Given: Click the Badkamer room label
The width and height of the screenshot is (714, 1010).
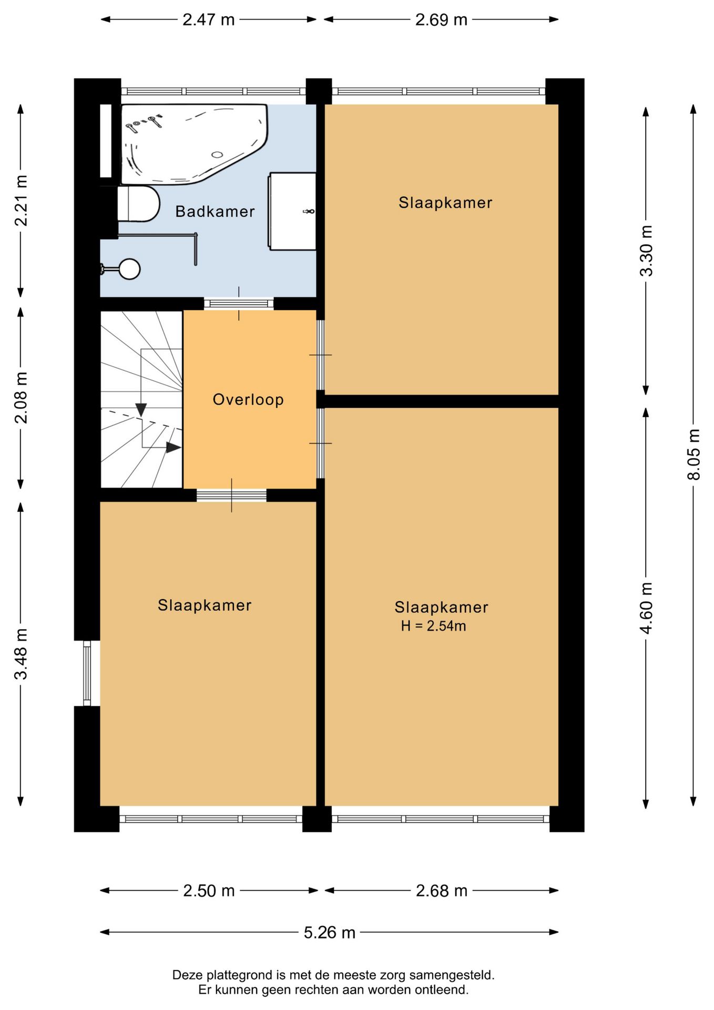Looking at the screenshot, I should (215, 211).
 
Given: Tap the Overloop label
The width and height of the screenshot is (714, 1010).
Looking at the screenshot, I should (248, 400).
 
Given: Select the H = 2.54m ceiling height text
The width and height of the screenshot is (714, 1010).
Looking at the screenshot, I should (433, 626).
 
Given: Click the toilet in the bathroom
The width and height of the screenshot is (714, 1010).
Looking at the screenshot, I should (138, 204).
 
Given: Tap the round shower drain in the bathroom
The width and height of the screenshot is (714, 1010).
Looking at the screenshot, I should (129, 269).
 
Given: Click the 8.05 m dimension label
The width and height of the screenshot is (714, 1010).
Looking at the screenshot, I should (693, 454).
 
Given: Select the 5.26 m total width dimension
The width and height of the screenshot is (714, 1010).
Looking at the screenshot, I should (330, 933).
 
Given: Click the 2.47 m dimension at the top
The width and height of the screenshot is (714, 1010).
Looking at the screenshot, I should (208, 19).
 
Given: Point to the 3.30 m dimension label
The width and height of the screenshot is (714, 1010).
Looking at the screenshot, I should (646, 250).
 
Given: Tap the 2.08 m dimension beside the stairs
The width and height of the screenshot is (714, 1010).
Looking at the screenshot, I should (21, 398).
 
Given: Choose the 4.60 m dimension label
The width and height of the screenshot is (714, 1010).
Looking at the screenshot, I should (646, 608).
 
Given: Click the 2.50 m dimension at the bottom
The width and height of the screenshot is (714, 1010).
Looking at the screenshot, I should (209, 891).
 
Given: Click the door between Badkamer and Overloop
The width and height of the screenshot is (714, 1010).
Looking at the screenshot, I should (239, 304).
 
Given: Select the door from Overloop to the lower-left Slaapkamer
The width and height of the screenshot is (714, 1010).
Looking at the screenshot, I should (231, 495).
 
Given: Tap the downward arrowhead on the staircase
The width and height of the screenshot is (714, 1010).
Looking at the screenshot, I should (141, 409).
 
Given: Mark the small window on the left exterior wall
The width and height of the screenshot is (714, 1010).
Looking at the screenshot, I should (87, 673).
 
